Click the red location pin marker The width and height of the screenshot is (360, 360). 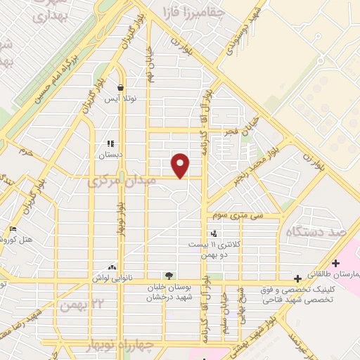tap(181, 166)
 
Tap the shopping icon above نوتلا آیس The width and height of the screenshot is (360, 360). tap(121, 89)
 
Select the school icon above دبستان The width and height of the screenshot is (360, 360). tap(110, 144)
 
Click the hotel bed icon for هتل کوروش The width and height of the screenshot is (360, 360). tap(13, 229)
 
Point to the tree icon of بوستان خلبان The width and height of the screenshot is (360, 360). tap(168, 275)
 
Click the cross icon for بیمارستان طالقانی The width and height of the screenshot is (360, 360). tap(335, 263)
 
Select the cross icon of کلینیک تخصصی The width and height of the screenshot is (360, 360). tap(298, 278)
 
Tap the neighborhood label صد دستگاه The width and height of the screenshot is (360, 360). tap(319, 231)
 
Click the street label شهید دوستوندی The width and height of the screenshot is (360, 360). tap(241, 31)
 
